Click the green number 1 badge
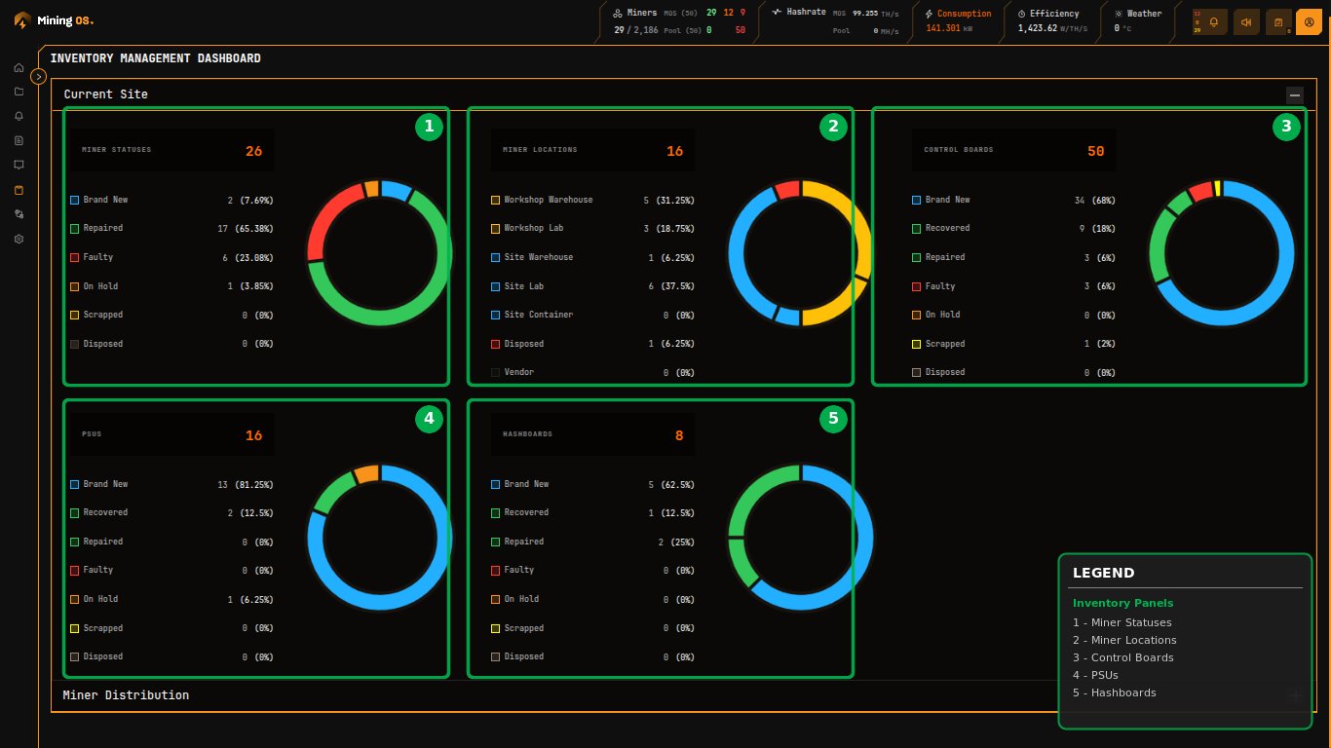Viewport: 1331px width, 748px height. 429,126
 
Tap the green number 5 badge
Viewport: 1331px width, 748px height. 833,419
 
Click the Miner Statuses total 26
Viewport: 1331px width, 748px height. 254,151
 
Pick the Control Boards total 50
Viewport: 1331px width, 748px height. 1096,151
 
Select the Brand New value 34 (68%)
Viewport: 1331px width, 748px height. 1095,201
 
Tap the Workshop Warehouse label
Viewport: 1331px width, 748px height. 549,200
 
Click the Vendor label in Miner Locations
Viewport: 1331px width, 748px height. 519,372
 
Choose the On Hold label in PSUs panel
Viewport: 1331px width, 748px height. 100,599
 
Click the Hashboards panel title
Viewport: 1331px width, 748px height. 527,434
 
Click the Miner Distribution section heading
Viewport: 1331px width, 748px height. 126,695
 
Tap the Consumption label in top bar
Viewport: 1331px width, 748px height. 964,14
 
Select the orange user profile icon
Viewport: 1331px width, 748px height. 1309,21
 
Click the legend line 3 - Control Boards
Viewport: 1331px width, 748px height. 1122,657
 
